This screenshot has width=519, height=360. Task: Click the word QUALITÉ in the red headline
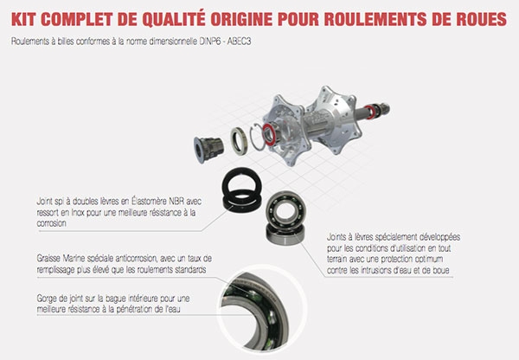tap(174, 20)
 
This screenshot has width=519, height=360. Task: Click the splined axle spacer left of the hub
tap(208, 150)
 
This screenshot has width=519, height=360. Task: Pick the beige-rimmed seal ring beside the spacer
tap(239, 141)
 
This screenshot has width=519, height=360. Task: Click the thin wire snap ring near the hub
tap(258, 137)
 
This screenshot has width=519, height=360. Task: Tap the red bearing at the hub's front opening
tap(269, 134)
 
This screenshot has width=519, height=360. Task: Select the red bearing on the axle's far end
tap(369, 112)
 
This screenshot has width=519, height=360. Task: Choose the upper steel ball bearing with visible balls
tap(285, 209)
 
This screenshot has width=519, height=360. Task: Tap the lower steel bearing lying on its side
tap(285, 235)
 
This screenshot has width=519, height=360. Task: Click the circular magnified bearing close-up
tap(261, 310)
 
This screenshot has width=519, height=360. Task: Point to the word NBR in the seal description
tap(176, 202)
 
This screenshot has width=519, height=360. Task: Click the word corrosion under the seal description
tap(52, 223)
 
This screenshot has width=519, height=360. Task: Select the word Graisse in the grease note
tap(48, 259)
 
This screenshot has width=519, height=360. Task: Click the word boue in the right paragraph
tap(441, 270)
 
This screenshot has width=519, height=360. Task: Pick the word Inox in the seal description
tap(78, 213)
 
